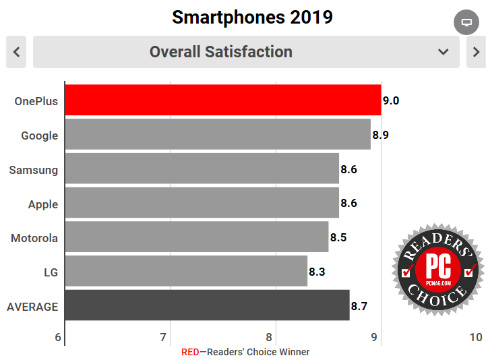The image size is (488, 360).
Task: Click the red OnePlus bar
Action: (222, 101)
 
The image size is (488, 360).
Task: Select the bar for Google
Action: (218, 135)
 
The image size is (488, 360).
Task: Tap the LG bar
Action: (186, 272)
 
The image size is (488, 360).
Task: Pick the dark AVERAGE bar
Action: (207, 306)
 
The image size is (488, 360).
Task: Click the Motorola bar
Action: (197, 237)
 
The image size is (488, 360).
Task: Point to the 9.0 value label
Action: (391, 101)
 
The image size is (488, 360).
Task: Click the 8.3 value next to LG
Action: (317, 272)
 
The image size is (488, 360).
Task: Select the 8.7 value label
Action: (359, 306)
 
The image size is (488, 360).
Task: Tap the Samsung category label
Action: (34, 170)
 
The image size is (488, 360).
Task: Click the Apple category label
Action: (43, 204)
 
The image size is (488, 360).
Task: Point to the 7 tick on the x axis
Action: (164, 337)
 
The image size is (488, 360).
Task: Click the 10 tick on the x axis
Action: (476, 337)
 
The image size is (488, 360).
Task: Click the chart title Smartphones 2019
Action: (253, 17)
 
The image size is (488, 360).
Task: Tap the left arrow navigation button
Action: (16, 52)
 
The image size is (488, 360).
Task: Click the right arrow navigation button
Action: (476, 52)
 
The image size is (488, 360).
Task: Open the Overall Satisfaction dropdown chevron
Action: (443, 52)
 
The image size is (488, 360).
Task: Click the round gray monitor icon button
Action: (466, 22)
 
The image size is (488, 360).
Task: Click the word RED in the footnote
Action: (191, 352)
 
